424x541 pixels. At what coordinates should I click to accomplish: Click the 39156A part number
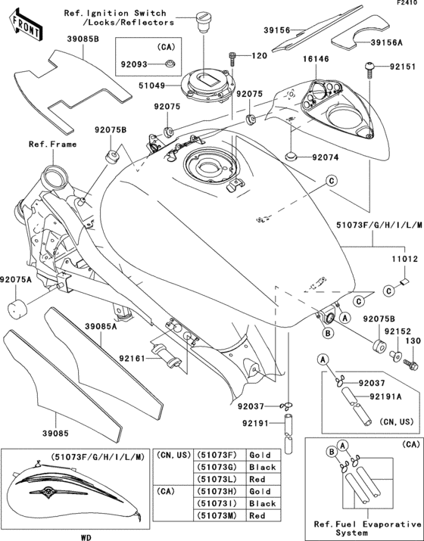(x=387, y=44)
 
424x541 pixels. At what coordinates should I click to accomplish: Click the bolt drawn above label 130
(x=410, y=364)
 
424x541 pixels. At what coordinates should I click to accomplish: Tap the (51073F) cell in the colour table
(x=215, y=456)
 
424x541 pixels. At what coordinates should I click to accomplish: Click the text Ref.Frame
(x=50, y=144)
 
